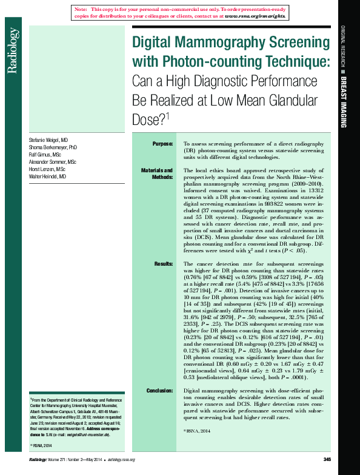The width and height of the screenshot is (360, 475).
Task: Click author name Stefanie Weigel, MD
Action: (48, 140)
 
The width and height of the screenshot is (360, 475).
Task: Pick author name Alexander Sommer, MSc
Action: (53, 162)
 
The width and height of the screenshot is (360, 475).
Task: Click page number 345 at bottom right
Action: (326, 459)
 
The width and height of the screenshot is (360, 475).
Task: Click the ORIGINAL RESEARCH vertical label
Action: (342, 48)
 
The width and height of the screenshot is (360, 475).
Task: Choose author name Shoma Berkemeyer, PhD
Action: (53, 147)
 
